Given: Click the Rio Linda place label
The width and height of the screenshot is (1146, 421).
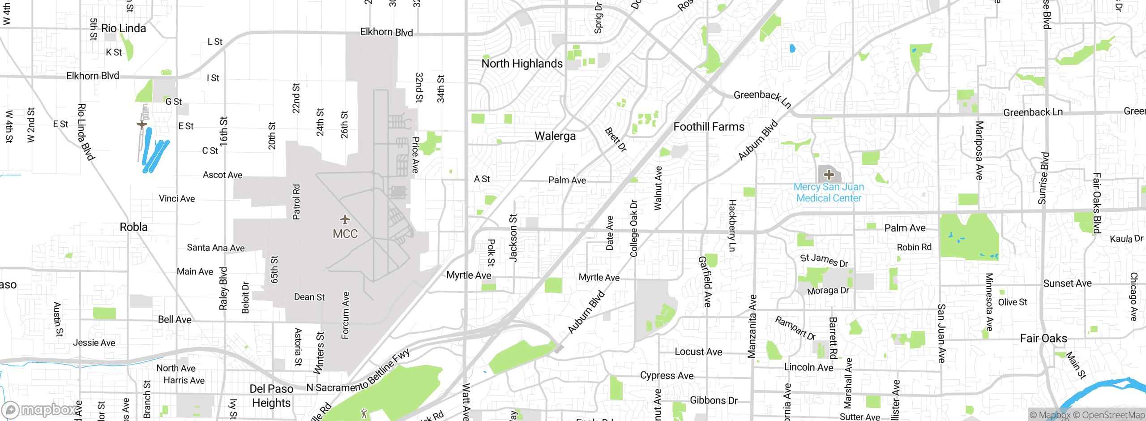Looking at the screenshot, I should tap(124, 28).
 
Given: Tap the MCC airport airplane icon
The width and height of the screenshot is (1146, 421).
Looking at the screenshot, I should tap(345, 219).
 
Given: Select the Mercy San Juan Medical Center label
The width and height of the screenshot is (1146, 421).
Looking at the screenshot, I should tap(829, 193).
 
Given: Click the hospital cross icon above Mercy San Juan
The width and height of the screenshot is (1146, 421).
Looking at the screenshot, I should tap(829, 174).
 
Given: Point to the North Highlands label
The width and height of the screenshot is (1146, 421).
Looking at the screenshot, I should tap(522, 64).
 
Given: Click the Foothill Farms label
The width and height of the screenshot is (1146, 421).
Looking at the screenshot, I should tap(709, 127).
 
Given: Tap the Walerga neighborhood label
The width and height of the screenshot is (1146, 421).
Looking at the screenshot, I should tap(555, 136).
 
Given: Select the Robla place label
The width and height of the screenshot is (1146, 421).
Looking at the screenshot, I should tap(133, 227).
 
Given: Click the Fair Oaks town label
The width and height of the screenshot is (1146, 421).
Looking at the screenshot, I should tap(1043, 338).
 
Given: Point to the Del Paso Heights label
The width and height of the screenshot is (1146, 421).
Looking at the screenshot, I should tap(271, 396).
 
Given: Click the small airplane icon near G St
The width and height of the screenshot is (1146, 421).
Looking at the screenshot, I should tap(142, 125).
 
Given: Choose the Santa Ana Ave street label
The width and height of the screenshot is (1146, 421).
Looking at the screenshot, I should tap(215, 248).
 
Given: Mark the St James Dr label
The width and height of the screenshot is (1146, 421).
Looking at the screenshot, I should tap(824, 260).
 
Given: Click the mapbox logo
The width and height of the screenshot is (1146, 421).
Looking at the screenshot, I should tap(40, 409).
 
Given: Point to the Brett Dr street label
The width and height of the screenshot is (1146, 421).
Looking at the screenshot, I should tap(616, 139).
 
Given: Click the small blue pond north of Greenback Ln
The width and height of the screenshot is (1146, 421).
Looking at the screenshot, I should tap(792, 48).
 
